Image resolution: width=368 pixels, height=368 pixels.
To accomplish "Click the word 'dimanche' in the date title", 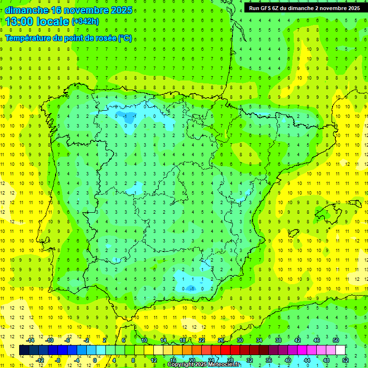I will coord(26,10).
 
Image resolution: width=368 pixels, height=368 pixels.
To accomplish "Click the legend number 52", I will coord(345,360).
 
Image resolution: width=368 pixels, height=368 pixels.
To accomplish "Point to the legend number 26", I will coord(221,340).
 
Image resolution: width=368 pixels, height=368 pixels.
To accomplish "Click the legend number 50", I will coord(336,340).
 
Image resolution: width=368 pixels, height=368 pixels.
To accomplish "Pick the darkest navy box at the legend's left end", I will coord(24,350).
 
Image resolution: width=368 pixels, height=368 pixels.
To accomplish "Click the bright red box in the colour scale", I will coord(226,350).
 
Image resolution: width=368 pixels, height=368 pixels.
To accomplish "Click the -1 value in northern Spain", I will coord(126,116).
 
